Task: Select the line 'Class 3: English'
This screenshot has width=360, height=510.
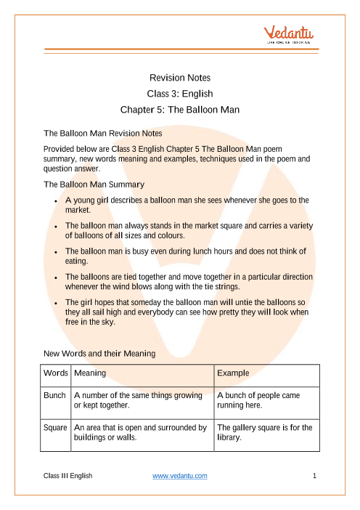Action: point(180,94)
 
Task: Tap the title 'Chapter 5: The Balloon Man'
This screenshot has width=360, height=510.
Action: point(180,111)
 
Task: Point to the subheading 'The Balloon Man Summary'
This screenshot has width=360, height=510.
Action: point(94,185)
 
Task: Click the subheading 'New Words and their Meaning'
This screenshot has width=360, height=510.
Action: point(99,353)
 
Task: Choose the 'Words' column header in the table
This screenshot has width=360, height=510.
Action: point(55,373)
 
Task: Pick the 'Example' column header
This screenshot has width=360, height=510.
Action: point(234,373)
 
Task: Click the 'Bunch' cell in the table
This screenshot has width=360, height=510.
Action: point(56,397)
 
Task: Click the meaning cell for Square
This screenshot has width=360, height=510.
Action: point(141,434)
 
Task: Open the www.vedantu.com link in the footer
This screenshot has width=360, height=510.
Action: point(180,476)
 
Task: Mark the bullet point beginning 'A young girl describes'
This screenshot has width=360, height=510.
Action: point(187,204)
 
